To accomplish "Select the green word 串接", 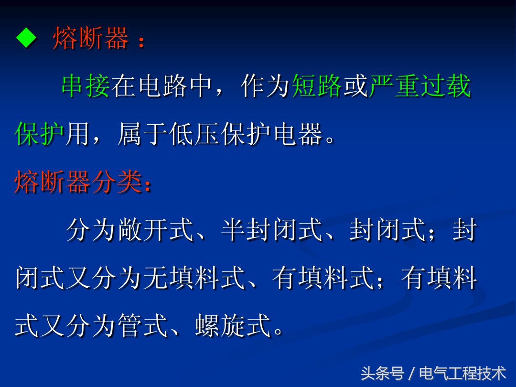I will [86, 87].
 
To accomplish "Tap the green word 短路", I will [317, 87].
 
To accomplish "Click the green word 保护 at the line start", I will [39, 135].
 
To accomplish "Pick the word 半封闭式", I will [272, 231].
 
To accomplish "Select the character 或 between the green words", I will [355, 87].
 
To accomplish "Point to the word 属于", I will [143, 135].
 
